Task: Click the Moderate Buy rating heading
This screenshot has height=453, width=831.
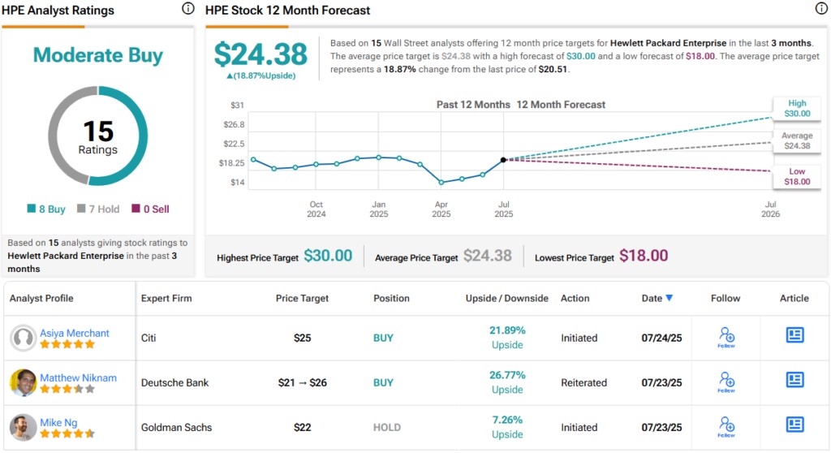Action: [x=98, y=55]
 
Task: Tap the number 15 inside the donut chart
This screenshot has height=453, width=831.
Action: [x=98, y=131]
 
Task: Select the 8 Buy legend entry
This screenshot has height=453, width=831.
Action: [x=46, y=209]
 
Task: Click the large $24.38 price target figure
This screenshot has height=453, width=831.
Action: [x=260, y=54]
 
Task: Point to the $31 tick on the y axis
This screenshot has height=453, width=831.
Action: [x=236, y=106]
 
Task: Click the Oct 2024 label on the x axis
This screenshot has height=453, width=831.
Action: [x=316, y=209]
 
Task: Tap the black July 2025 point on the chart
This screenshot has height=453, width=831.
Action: [x=504, y=160]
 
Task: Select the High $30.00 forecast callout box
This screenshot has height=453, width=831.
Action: [x=797, y=108]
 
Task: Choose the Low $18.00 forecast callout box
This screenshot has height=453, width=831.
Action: [x=797, y=177]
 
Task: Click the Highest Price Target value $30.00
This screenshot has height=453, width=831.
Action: [x=328, y=256]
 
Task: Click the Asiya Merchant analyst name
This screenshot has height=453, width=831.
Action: [x=75, y=333]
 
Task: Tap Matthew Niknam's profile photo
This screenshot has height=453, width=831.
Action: [x=23, y=382]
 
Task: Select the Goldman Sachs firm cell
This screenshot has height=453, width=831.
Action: [x=177, y=427]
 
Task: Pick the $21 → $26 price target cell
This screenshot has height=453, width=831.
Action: [x=302, y=382]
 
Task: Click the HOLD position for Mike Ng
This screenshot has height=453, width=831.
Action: [x=386, y=427]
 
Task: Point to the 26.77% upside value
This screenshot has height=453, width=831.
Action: [x=507, y=375]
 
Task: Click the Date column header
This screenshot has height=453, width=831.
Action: [x=657, y=298]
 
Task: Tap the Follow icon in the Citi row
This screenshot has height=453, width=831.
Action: [x=726, y=337]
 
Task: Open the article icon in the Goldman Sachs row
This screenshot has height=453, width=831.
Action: [x=794, y=424]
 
